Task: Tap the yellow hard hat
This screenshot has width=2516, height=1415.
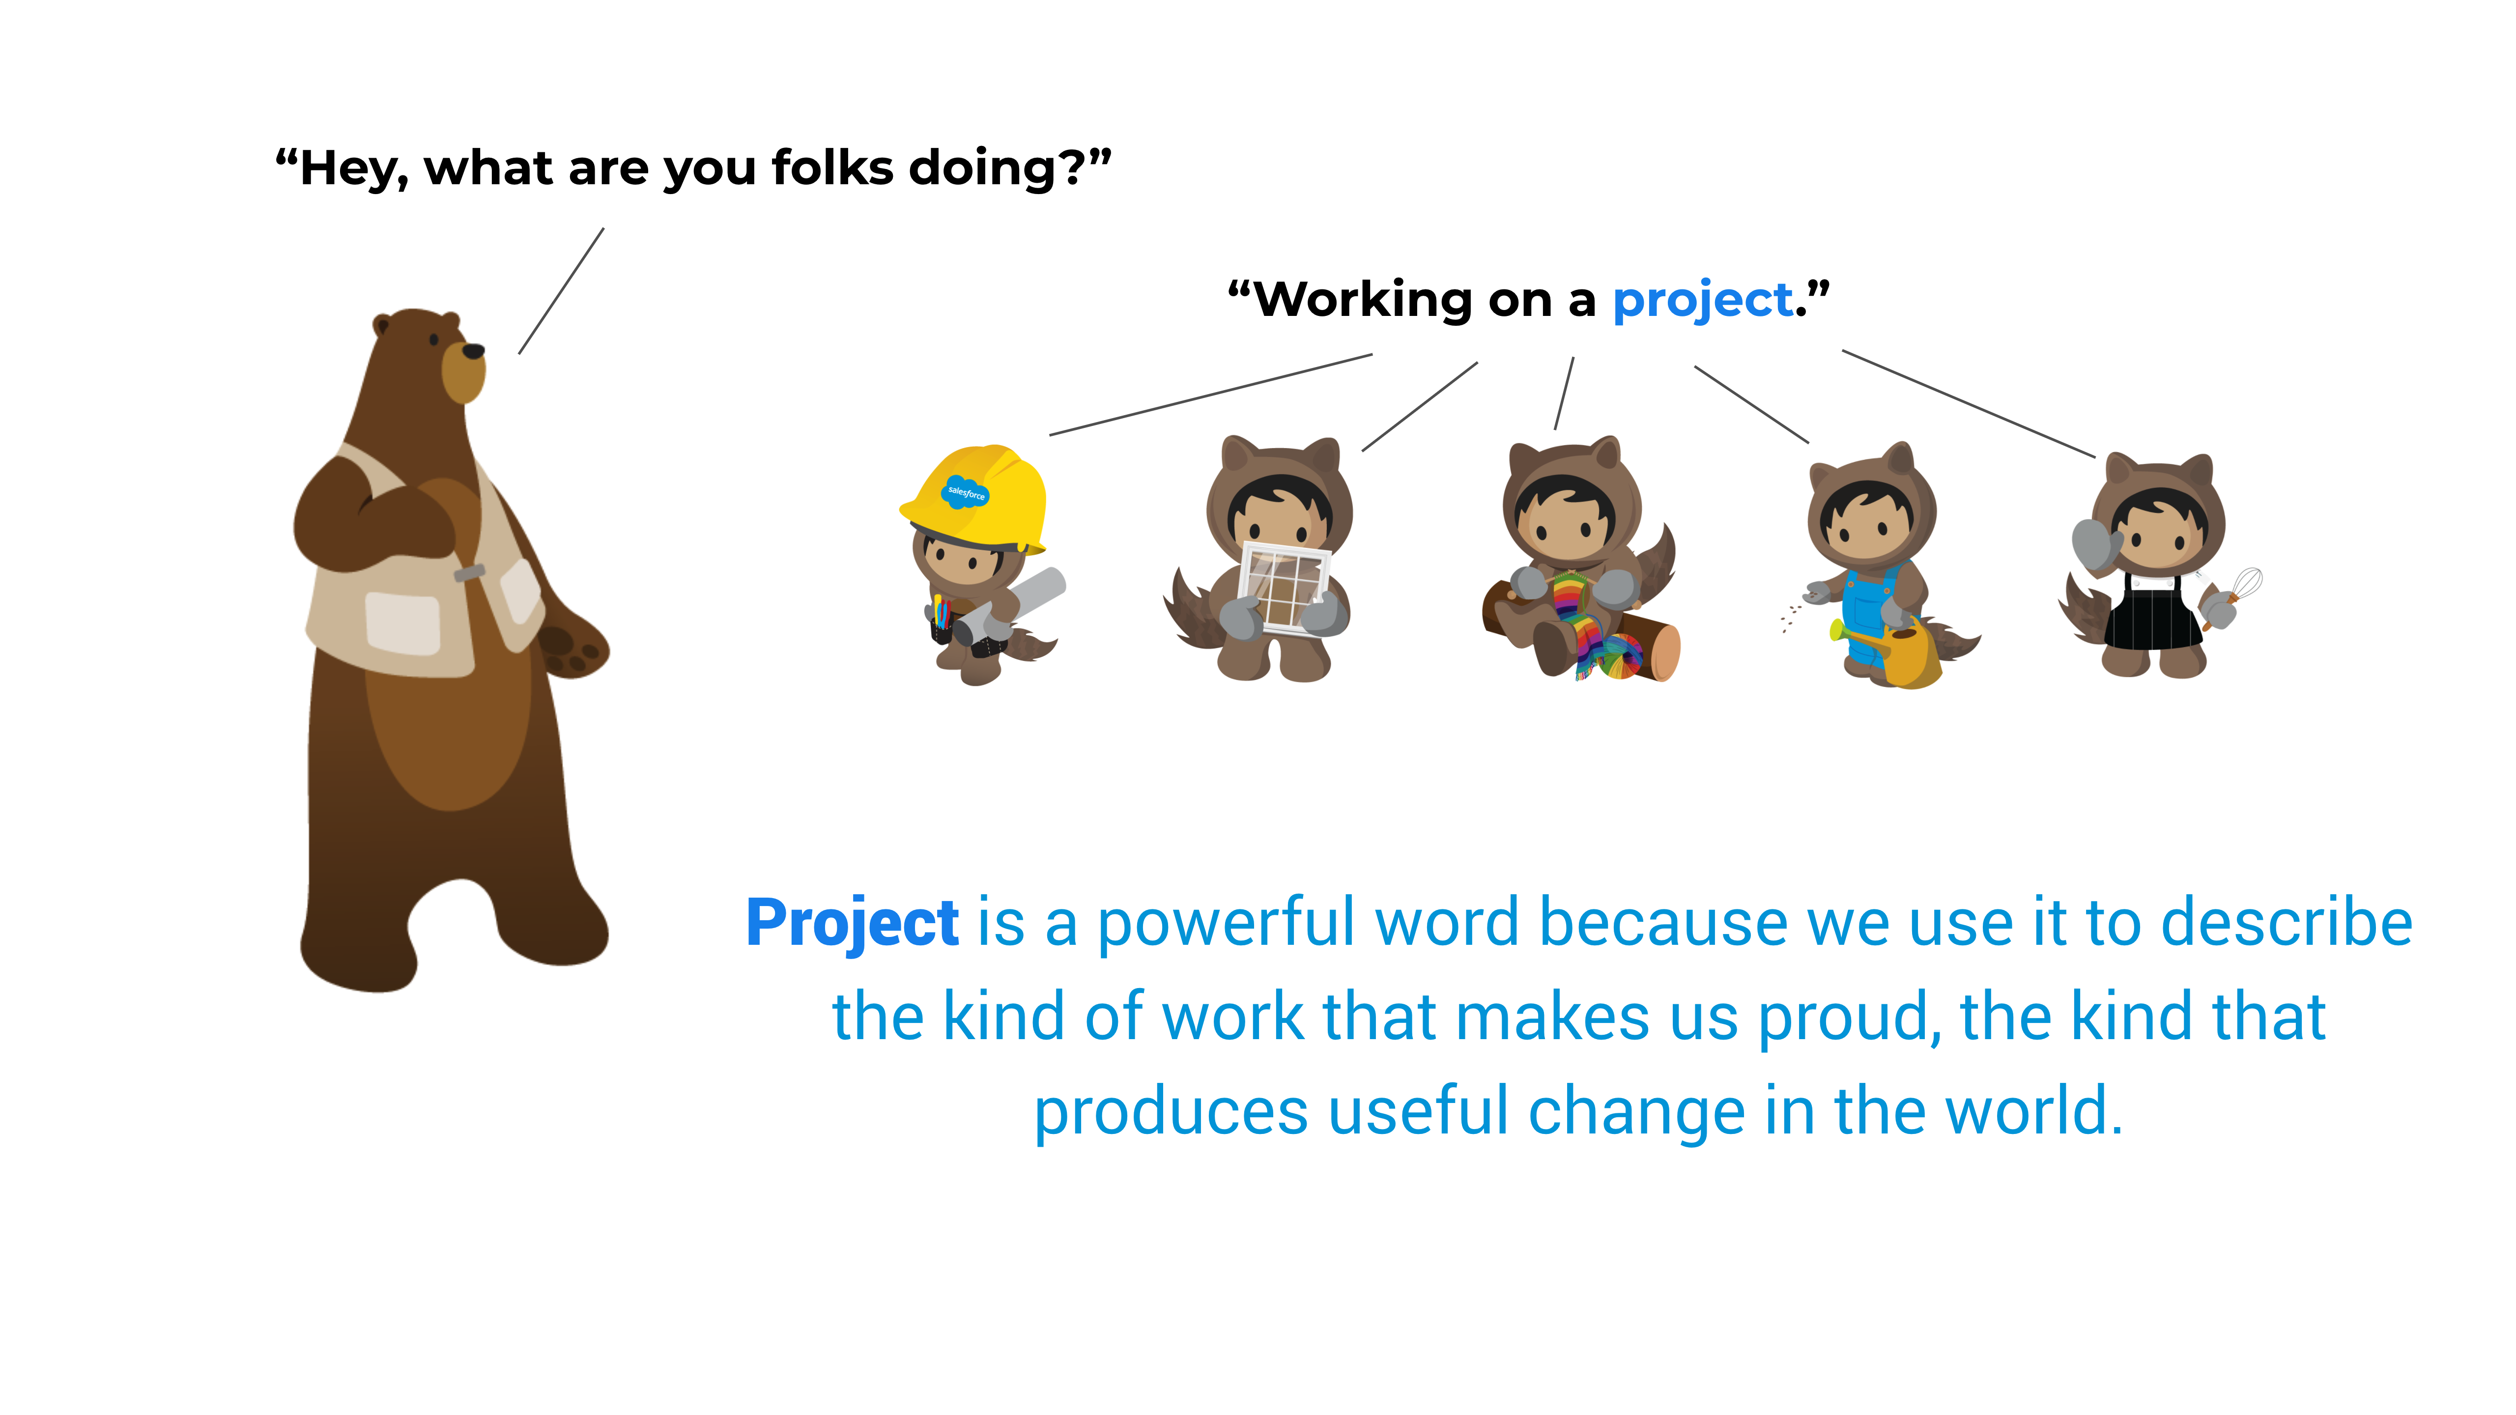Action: point(977,498)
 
